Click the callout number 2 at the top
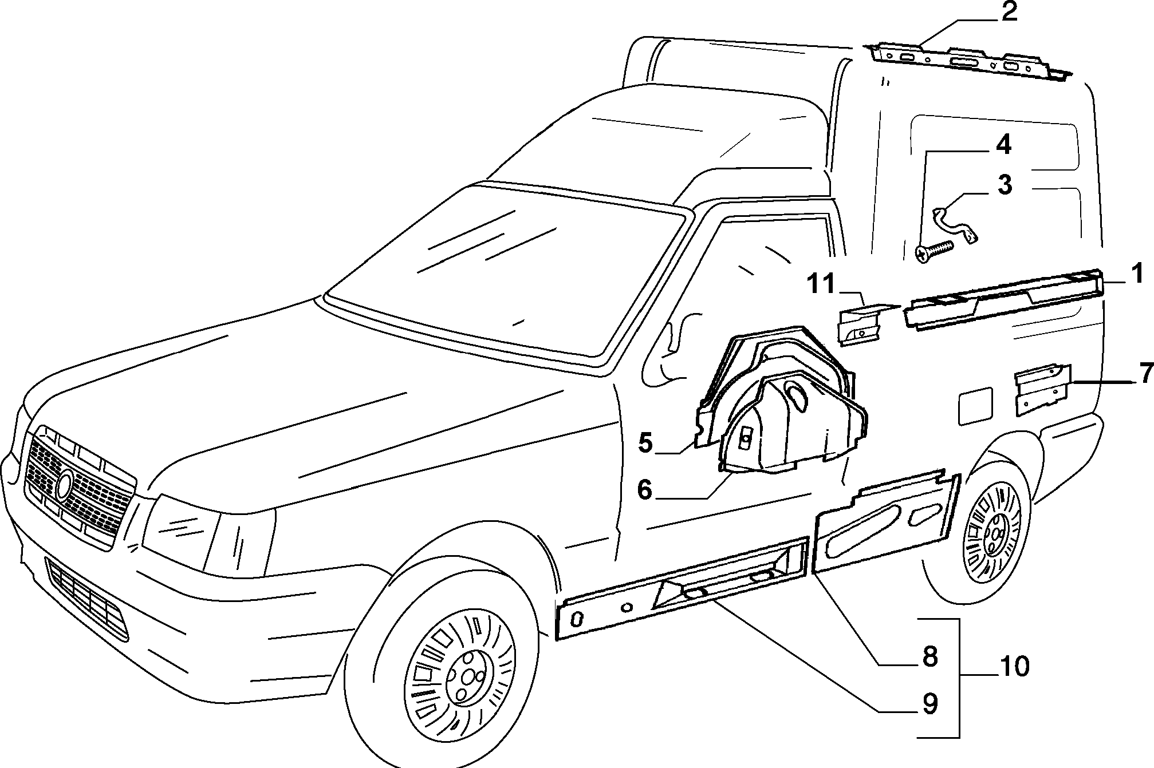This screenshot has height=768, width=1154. (1009, 11)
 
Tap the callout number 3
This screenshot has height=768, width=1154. (1005, 185)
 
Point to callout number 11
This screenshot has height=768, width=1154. (822, 284)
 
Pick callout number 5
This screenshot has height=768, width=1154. (645, 443)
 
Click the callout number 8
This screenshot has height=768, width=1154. (929, 656)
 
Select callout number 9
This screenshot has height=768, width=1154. (929, 704)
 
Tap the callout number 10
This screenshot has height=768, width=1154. (1014, 666)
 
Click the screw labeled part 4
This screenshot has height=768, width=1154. (934, 252)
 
